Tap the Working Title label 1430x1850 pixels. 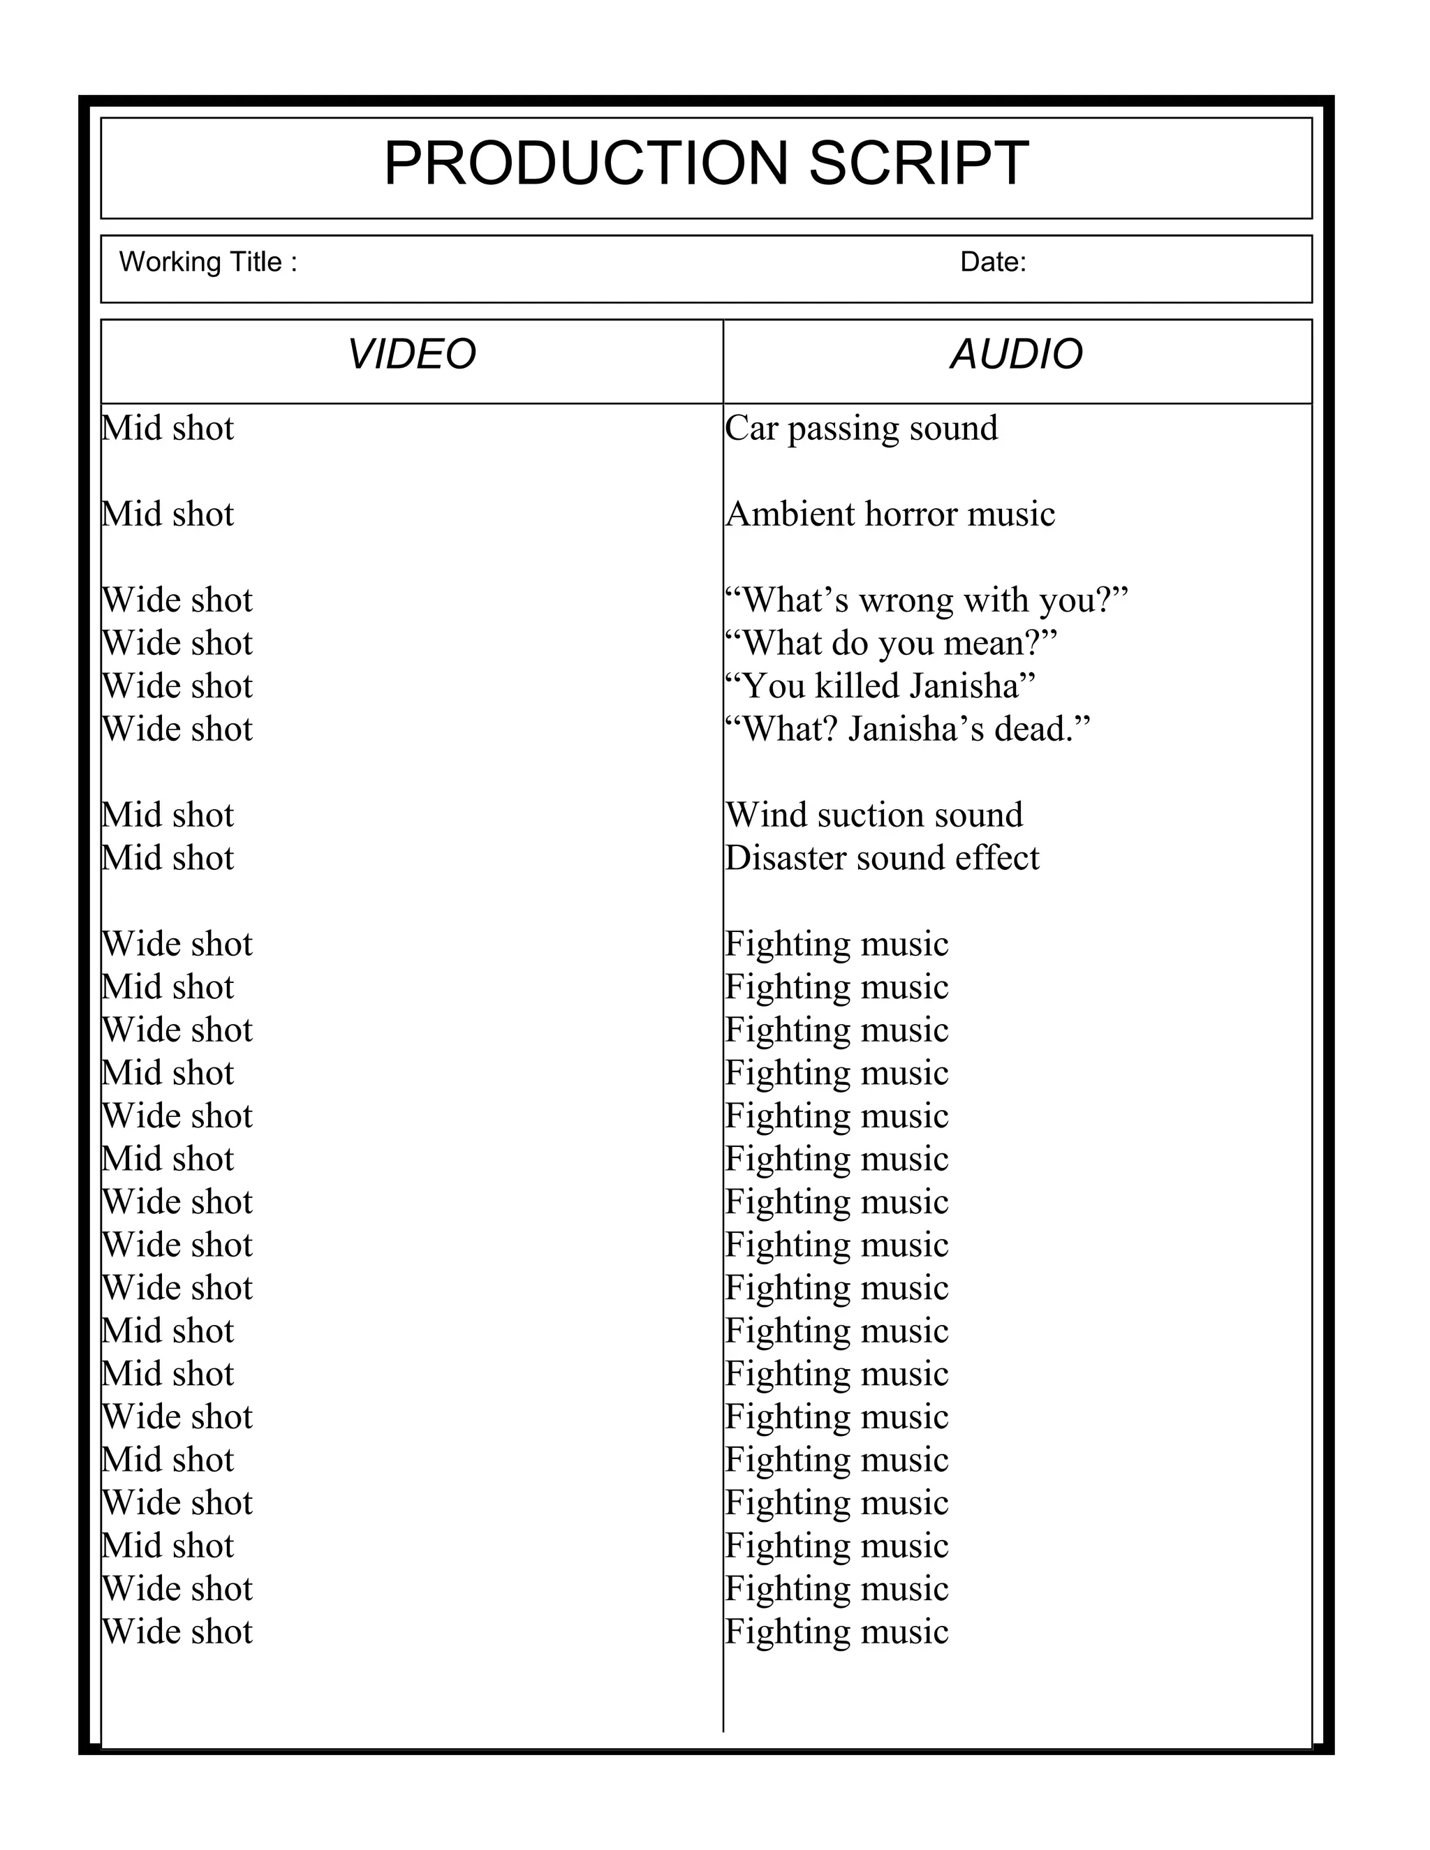click(207, 262)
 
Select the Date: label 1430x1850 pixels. click(993, 262)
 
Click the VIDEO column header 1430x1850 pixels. click(412, 354)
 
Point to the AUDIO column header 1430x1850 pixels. click(1017, 354)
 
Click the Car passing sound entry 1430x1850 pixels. click(861, 429)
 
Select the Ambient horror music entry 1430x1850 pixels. click(890, 515)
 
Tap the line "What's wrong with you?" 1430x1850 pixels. click(927, 600)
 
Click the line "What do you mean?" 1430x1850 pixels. click(891, 643)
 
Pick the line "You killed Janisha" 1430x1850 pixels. click(880, 686)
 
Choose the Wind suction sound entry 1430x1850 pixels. click(874, 815)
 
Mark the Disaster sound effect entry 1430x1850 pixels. click(882, 858)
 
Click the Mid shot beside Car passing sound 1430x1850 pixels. click(168, 429)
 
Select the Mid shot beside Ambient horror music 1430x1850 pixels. click(168, 515)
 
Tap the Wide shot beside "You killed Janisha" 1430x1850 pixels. click(177, 686)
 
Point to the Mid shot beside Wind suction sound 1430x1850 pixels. click(168, 815)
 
